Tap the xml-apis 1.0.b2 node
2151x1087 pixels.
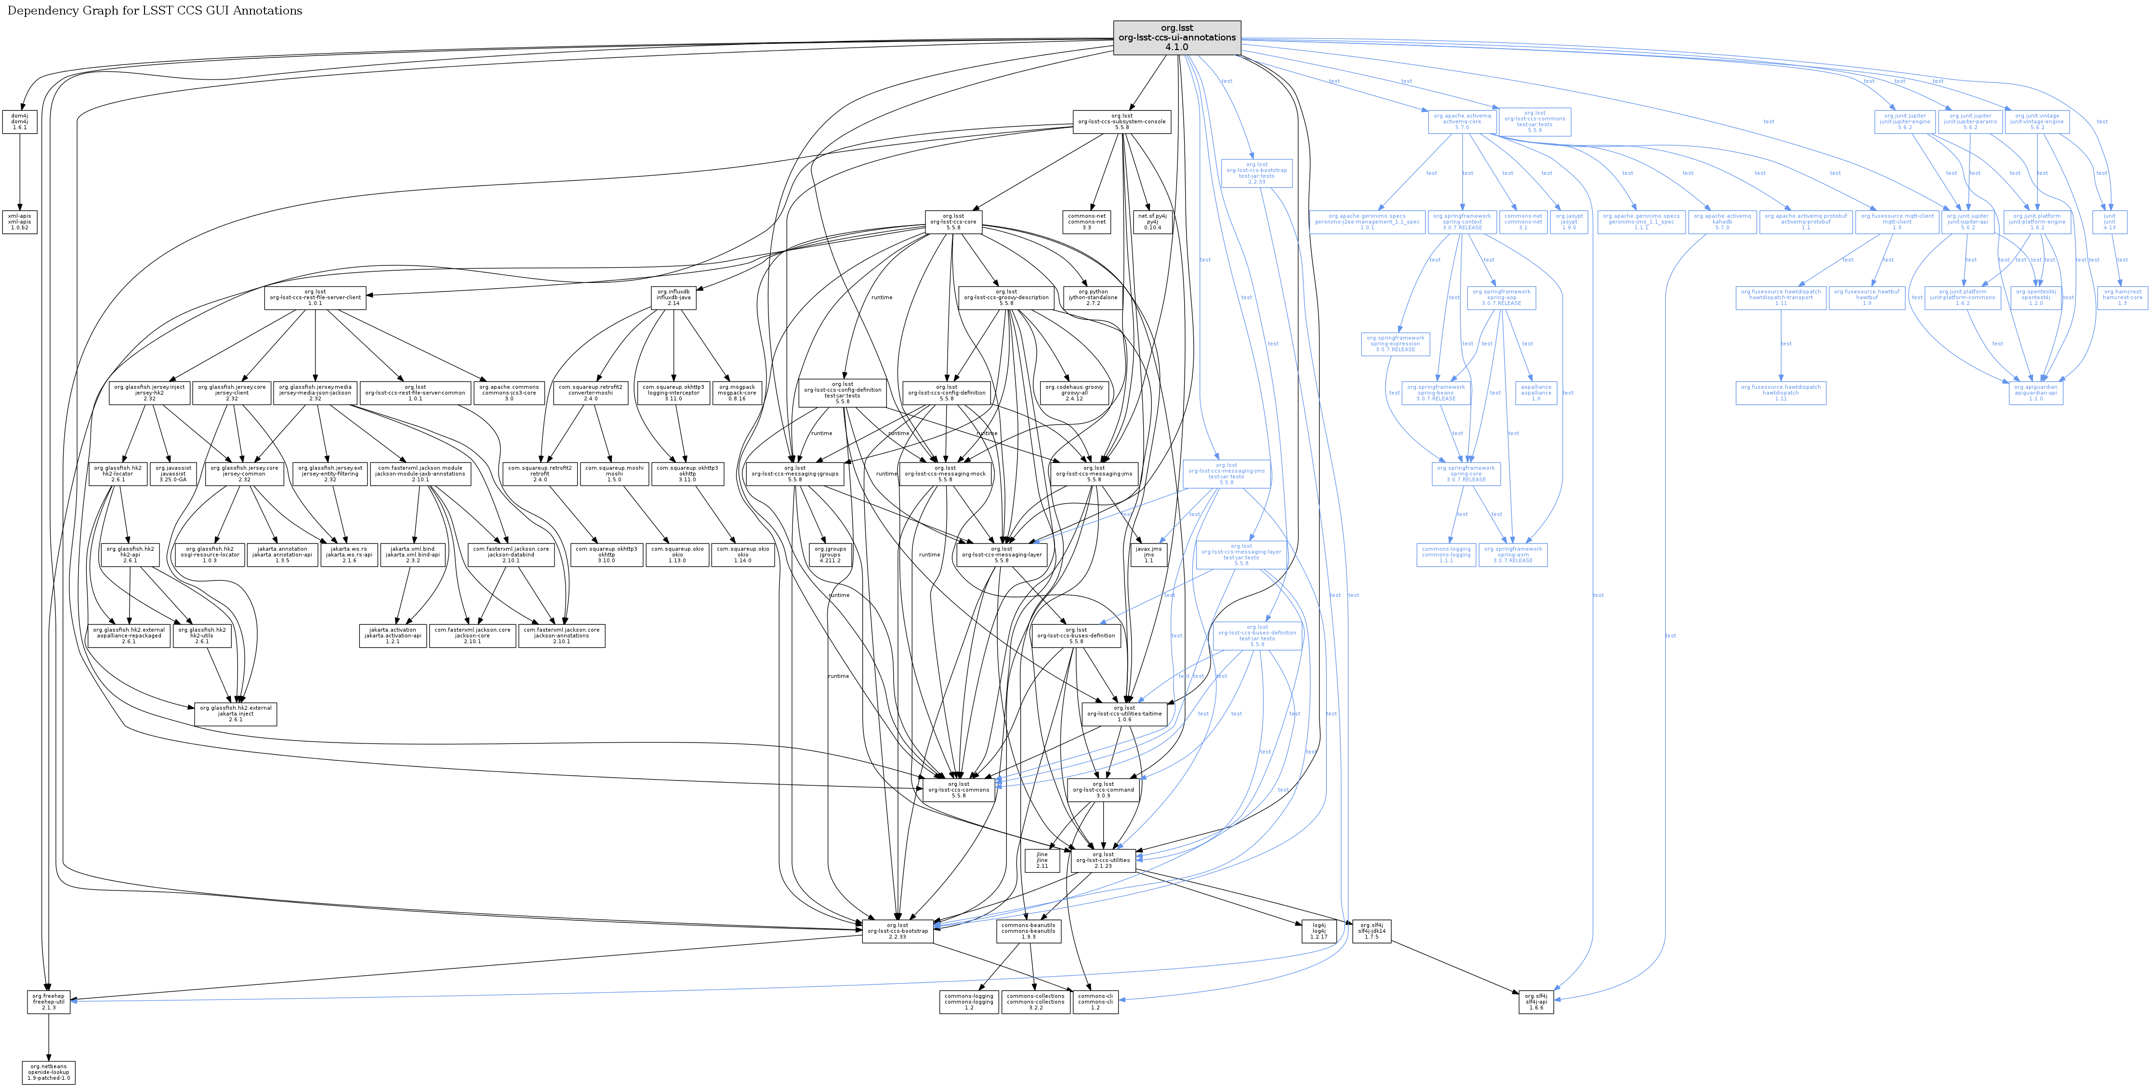19,221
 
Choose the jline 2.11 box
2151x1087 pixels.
1042,861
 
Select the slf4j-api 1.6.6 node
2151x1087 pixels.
1536,1002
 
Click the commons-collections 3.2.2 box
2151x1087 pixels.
1035,1002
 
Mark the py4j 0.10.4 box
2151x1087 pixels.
1152,221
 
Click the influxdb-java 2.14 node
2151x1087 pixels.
673,297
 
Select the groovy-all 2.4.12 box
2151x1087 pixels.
1074,392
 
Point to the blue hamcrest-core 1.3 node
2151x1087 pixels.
2122,297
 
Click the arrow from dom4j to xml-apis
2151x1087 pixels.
19,171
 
